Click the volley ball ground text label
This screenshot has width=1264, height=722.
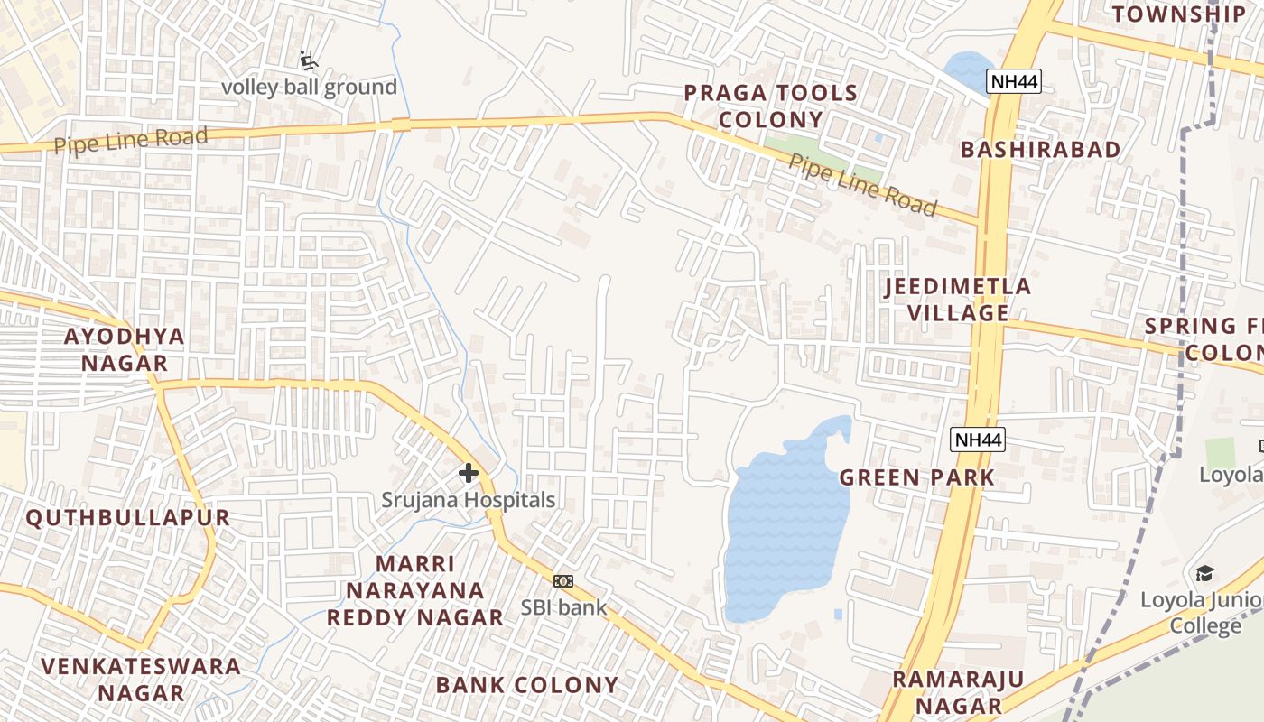tap(310, 88)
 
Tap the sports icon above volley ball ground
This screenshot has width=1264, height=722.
tap(309, 61)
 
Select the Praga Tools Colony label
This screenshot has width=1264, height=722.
tap(770, 106)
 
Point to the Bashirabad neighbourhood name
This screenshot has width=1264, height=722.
tap(1040, 150)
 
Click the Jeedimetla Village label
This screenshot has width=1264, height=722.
tap(958, 300)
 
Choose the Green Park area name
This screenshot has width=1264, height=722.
tap(917, 477)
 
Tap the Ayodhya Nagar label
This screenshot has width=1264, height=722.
tap(125, 349)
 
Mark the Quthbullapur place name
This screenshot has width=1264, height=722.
tap(127, 518)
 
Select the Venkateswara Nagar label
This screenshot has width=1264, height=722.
tap(141, 680)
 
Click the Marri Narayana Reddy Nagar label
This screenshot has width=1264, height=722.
tap(415, 591)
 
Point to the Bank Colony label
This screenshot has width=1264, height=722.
tap(527, 685)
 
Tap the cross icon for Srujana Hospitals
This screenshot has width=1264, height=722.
tap(469, 472)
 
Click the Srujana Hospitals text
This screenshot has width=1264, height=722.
tap(468, 500)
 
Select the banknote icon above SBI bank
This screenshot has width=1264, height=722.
tap(563, 580)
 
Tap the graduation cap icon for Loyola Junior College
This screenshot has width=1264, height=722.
tap(1204, 574)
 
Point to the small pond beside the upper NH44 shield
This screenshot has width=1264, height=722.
tap(968, 70)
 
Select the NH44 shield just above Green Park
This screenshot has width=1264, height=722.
tap(978, 440)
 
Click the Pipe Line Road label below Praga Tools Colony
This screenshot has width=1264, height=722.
tap(862, 185)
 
